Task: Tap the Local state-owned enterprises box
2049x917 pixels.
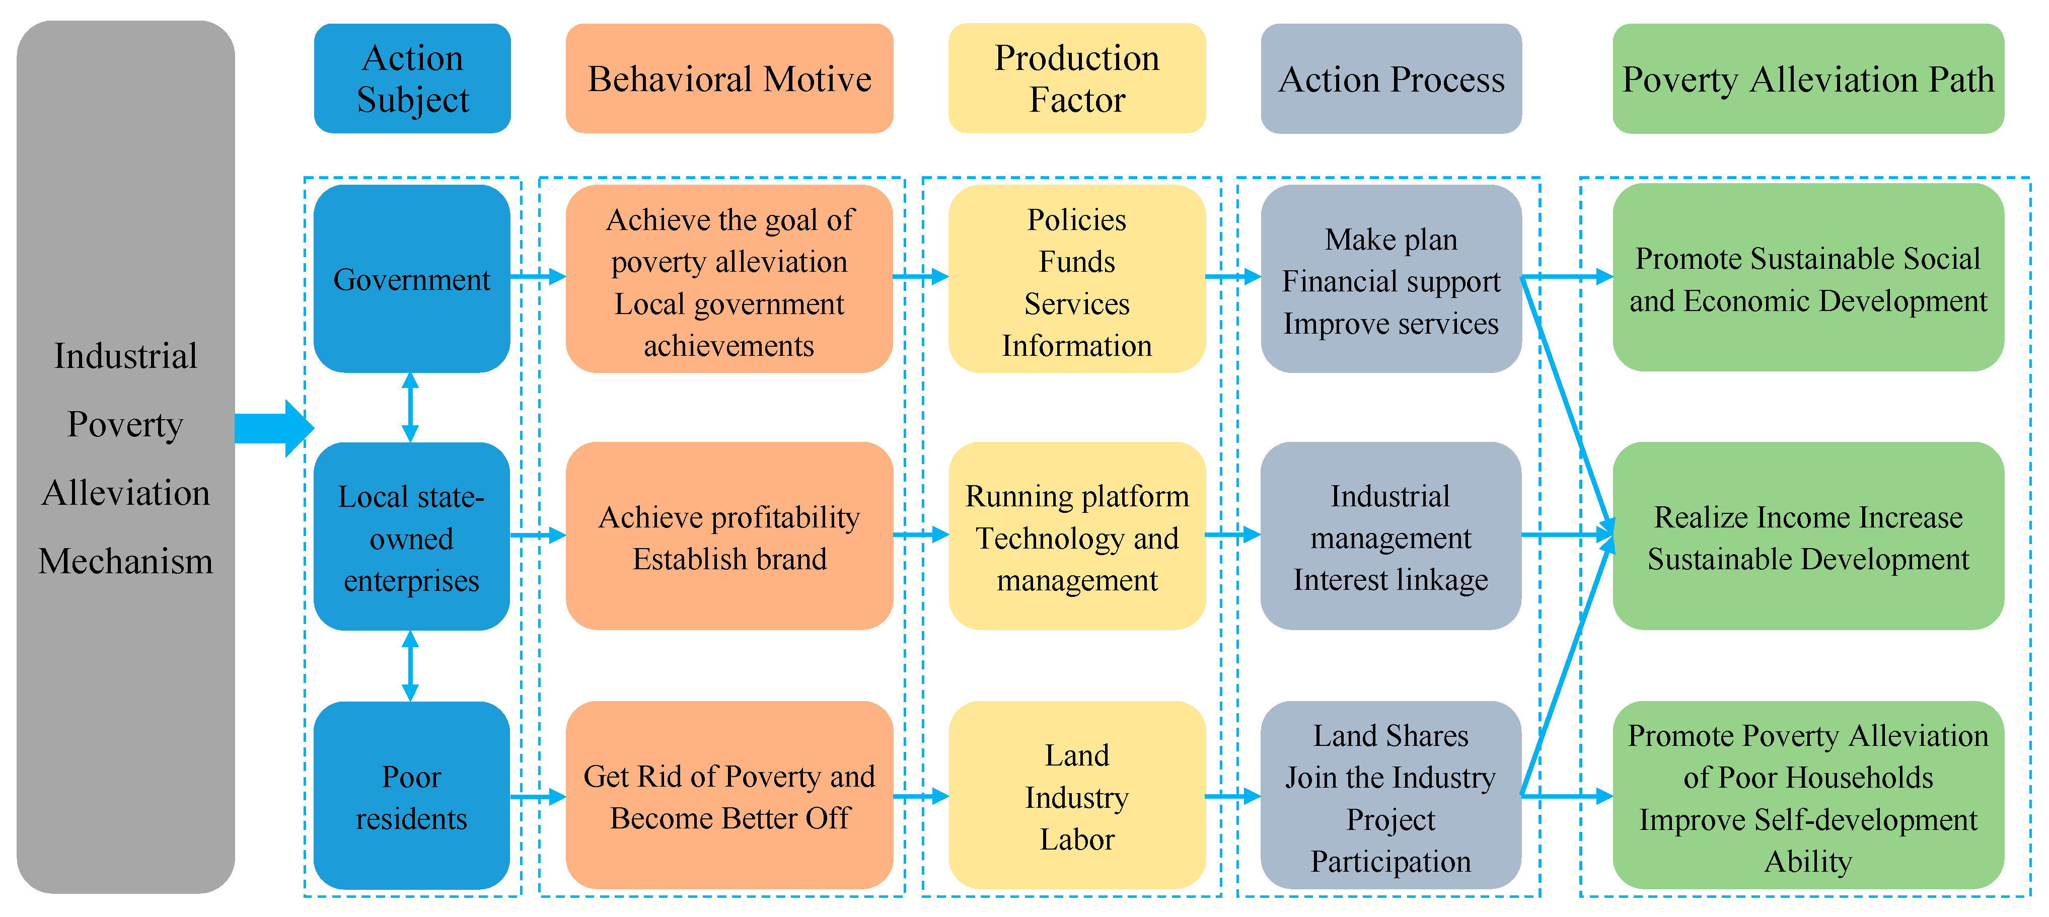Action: tap(411, 537)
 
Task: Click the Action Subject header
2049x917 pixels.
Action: tap(412, 78)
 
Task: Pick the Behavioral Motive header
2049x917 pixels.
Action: tap(728, 78)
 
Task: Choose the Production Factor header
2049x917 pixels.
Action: tap(1076, 78)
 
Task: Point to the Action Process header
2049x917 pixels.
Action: tap(1391, 78)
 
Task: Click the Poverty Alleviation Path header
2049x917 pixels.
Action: tap(1807, 78)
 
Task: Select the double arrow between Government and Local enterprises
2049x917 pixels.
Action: tap(410, 407)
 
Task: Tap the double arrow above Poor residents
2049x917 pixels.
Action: tap(410, 666)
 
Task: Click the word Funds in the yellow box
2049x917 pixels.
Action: tap(1076, 262)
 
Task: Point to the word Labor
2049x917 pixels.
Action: tap(1076, 839)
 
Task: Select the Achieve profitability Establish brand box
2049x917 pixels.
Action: tap(728, 537)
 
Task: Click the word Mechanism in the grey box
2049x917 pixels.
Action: tap(126, 562)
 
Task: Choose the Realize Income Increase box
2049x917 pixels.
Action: tap(1807, 537)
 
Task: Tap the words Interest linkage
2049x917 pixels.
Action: tap(1391, 580)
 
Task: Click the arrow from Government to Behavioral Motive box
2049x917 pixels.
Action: tap(538, 277)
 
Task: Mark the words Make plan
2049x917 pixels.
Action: tap(1391, 240)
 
